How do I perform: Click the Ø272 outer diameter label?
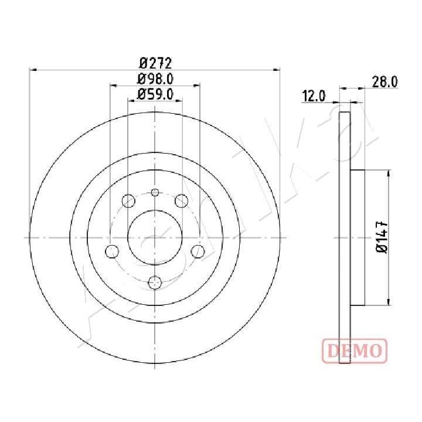(155, 63)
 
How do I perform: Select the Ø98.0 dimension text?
(155, 79)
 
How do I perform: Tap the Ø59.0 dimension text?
(155, 94)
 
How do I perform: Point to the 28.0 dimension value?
(384, 82)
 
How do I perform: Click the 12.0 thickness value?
(314, 96)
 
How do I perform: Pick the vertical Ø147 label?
(382, 237)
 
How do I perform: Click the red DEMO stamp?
(355, 350)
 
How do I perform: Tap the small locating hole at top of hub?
(155, 192)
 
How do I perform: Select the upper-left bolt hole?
(128, 200)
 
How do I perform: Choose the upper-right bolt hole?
(181, 200)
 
